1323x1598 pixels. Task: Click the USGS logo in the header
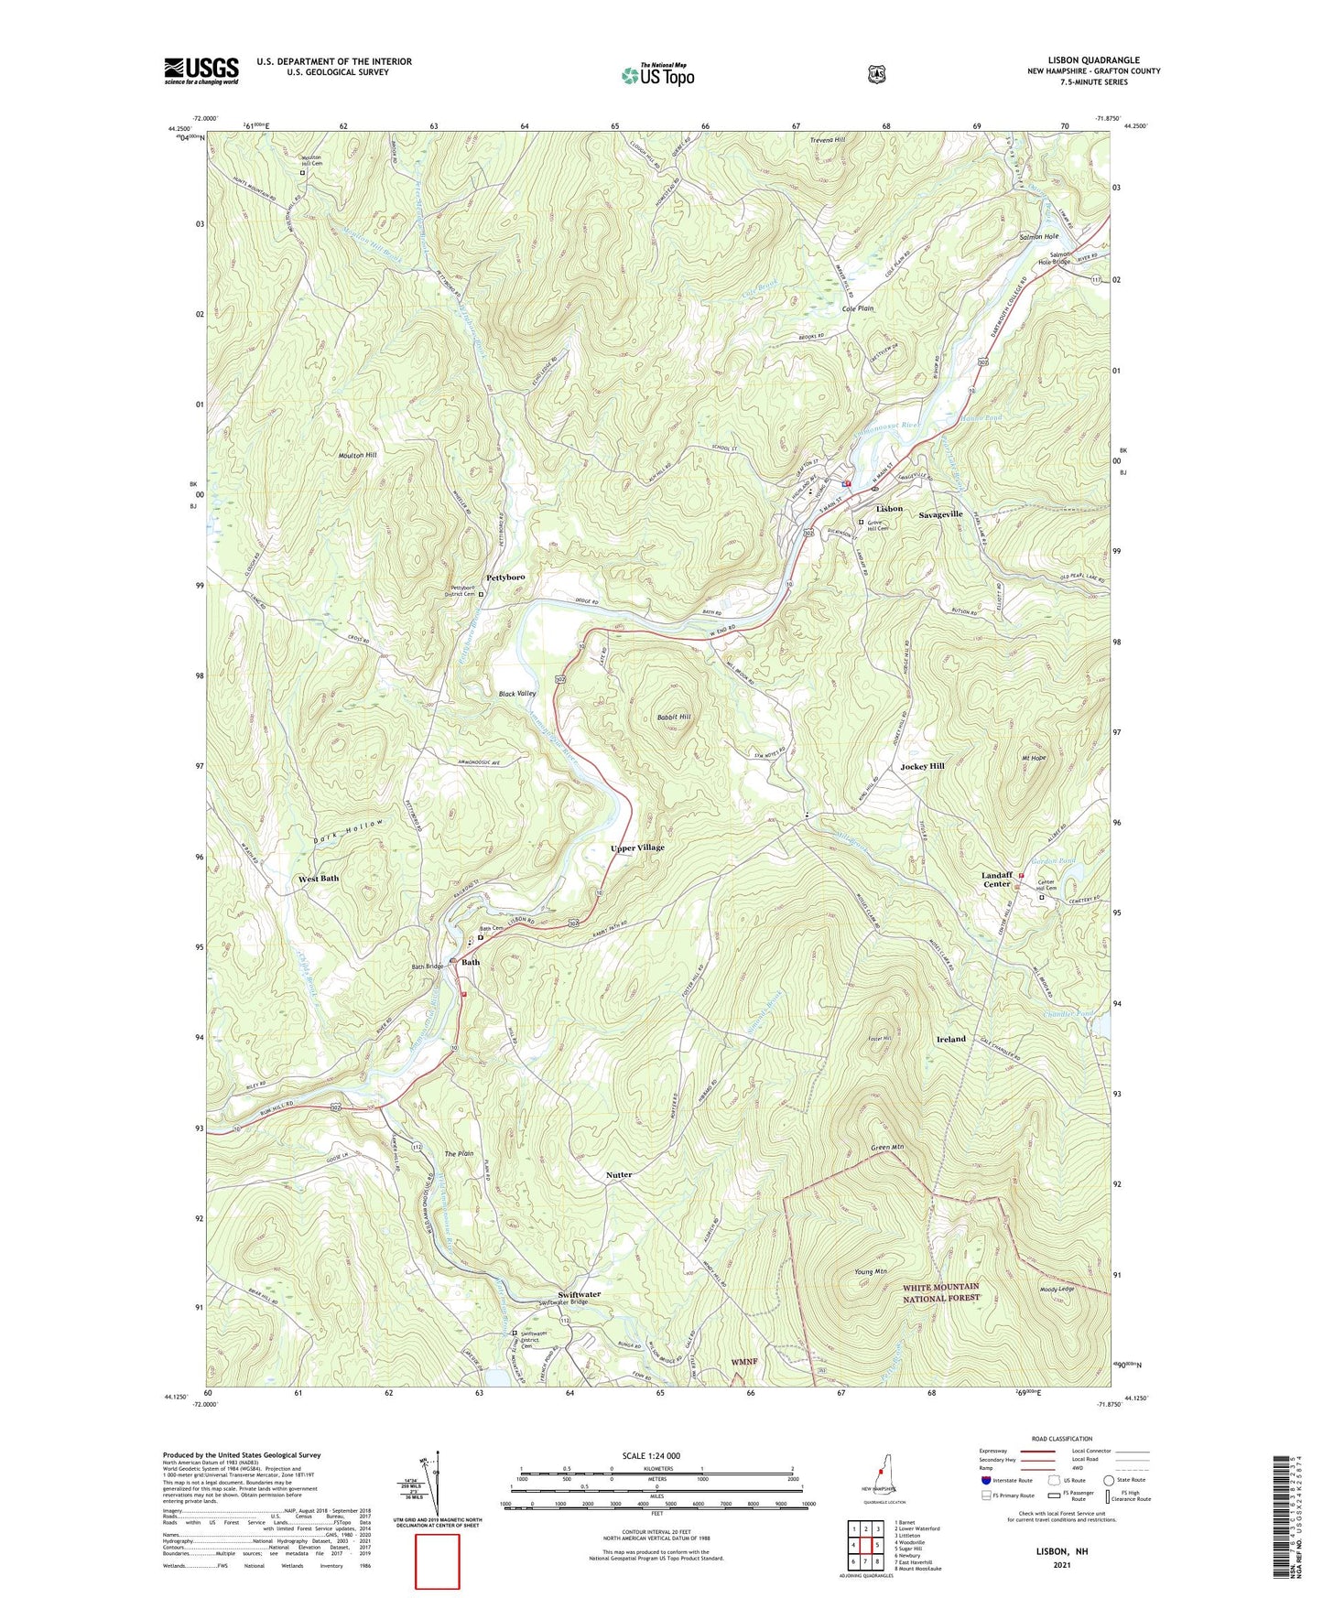pyautogui.click(x=201, y=70)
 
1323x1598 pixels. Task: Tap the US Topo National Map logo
pyautogui.click(x=656, y=74)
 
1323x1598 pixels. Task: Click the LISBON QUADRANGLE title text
pyautogui.click(x=1093, y=60)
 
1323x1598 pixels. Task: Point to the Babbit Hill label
pyautogui.click(x=674, y=717)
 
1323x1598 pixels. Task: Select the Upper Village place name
pyautogui.click(x=637, y=848)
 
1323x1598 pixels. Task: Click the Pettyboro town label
pyautogui.click(x=505, y=578)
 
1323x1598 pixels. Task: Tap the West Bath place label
pyautogui.click(x=319, y=878)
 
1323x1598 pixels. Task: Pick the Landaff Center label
pyautogui.click(x=997, y=879)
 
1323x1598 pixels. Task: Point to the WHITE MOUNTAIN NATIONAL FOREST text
pyautogui.click(x=941, y=1292)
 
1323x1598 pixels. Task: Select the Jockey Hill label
pyautogui.click(x=922, y=766)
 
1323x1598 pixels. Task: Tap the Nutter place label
pyautogui.click(x=619, y=1174)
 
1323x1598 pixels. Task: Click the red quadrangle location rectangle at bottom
pyautogui.click(x=438, y=1561)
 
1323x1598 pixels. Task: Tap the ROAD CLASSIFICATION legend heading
pyautogui.click(x=1061, y=1439)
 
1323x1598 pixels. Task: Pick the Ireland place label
pyautogui.click(x=951, y=1039)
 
